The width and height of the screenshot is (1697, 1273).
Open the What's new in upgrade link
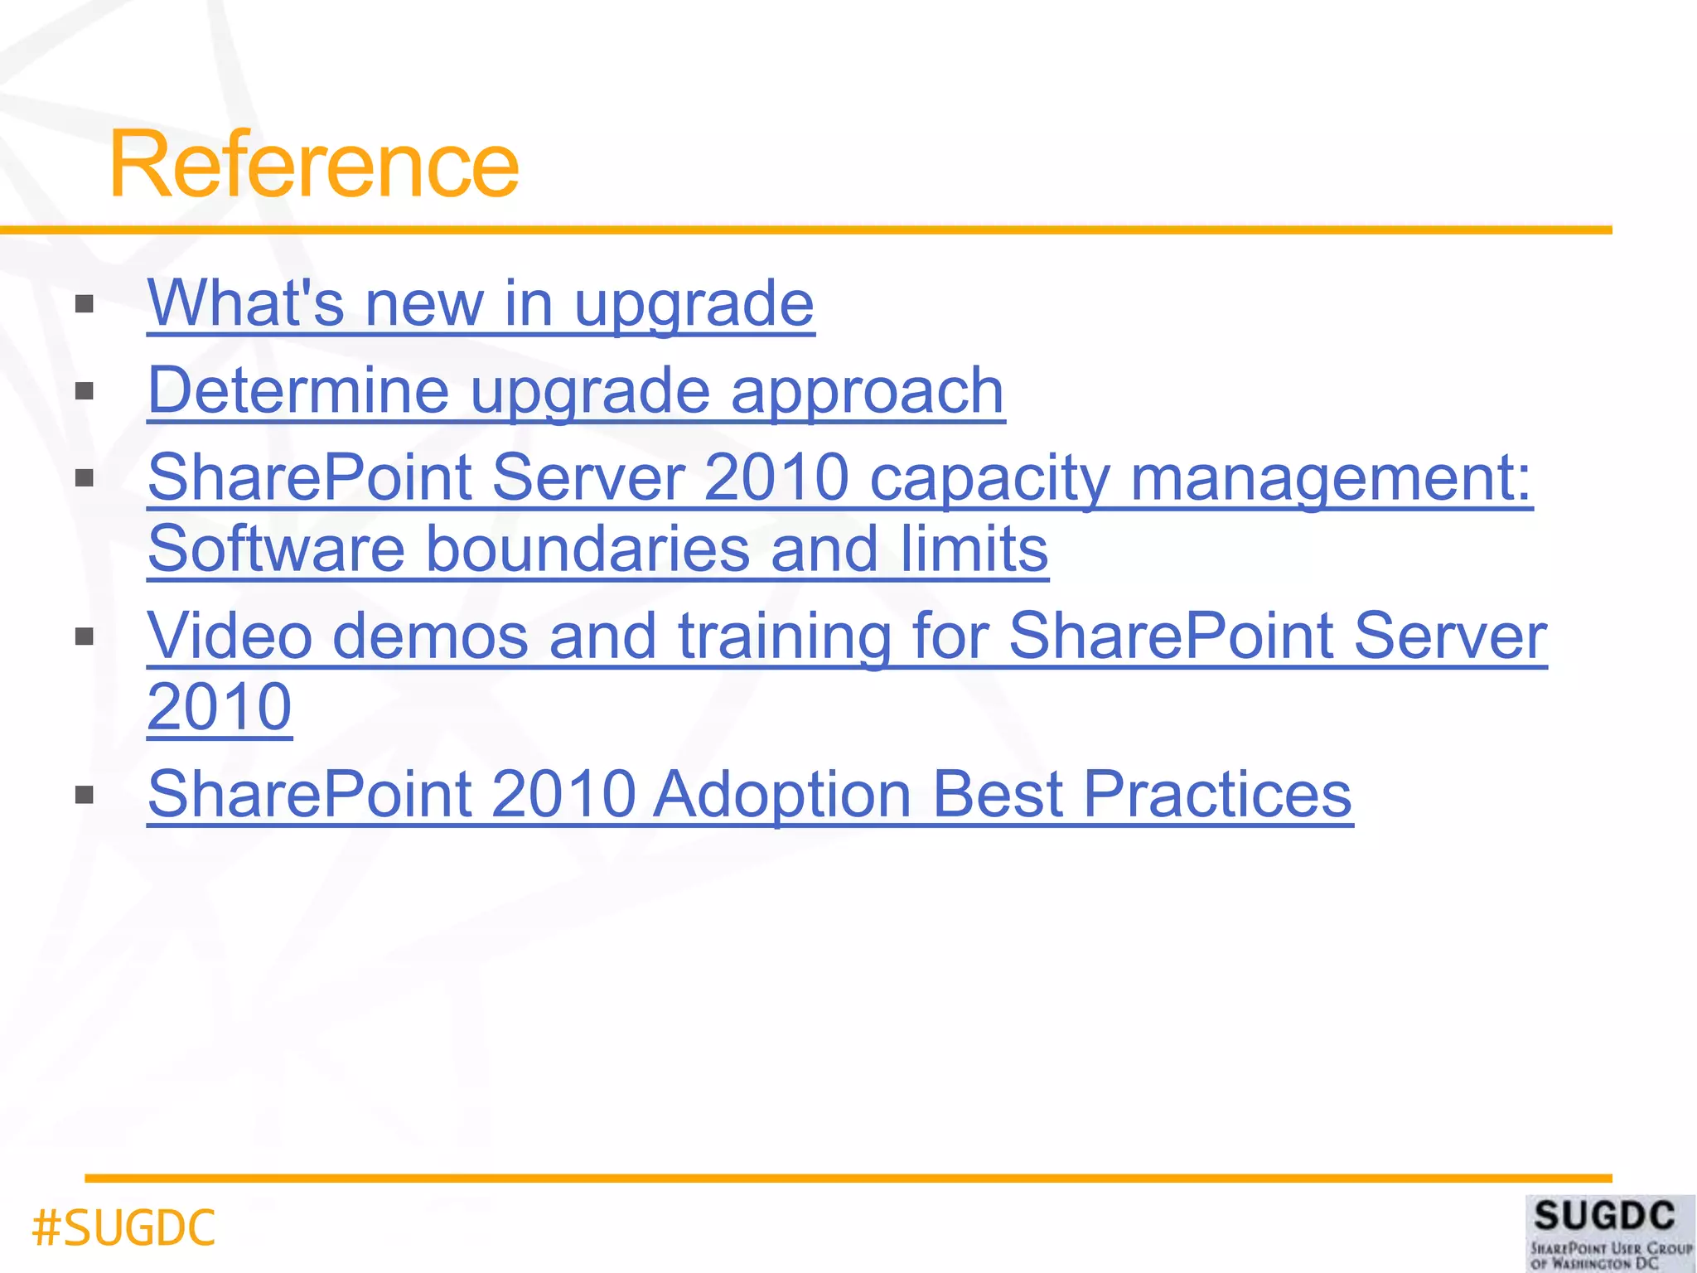481,303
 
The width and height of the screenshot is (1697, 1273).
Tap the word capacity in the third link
989,478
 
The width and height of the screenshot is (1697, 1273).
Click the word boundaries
587,549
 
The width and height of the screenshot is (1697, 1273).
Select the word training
784,636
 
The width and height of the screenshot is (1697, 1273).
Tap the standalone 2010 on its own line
220,707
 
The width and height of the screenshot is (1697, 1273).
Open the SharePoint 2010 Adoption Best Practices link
750,794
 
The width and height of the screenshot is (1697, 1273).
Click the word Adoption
782,794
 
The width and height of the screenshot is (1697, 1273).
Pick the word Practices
1217,794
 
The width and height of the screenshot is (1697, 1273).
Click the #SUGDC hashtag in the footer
123,1227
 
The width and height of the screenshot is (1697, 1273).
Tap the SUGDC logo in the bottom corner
1610,1232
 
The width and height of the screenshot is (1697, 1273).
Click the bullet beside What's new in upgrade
84,304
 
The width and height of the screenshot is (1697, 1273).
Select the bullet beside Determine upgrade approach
84,390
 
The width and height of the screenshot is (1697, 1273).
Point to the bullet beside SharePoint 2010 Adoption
84,796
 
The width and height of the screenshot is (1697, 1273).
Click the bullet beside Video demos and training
84,636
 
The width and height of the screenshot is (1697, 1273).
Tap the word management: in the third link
1331,478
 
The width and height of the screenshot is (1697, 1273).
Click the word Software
276,549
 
